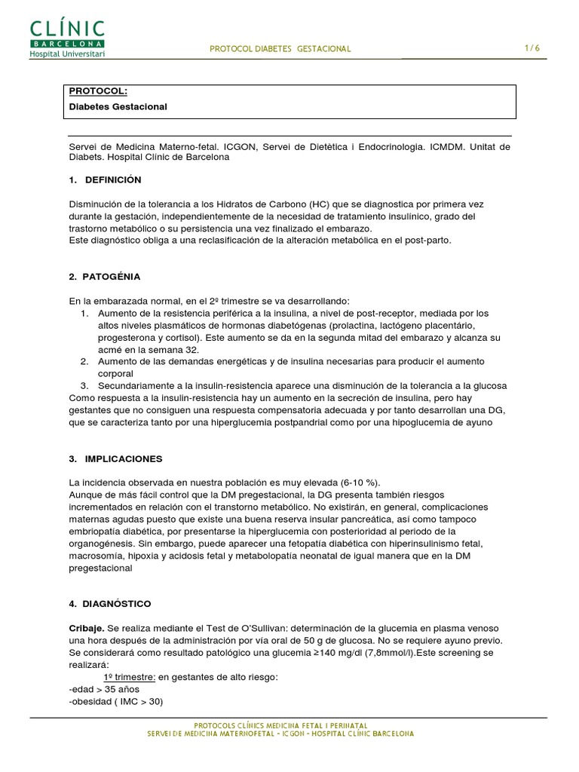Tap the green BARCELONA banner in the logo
(67, 44)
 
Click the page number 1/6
(532, 48)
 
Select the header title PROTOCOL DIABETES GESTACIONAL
(280, 49)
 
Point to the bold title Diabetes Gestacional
(118, 107)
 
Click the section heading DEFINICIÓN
(113, 180)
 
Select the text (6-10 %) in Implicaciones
(361, 482)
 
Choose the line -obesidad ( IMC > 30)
(116, 701)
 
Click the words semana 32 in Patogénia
(157, 349)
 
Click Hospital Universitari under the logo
(67, 54)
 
